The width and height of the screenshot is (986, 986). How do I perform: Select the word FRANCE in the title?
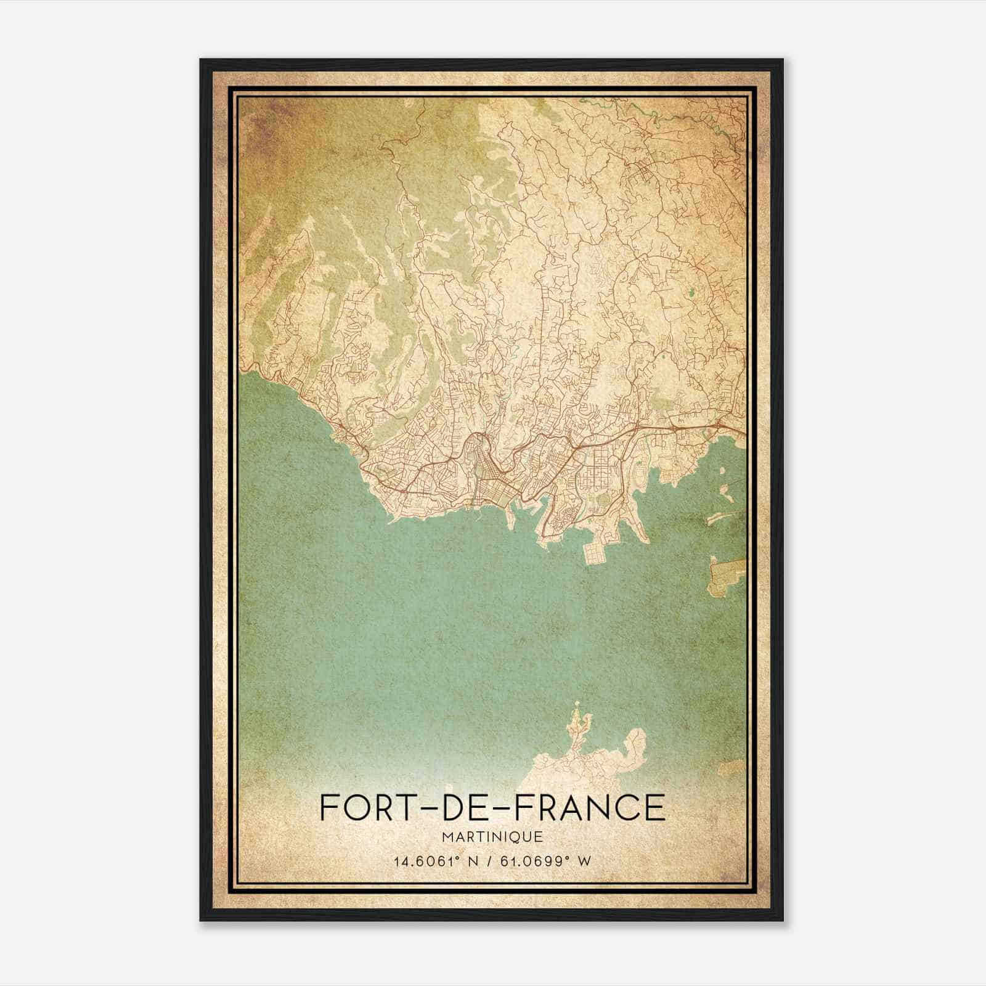595,807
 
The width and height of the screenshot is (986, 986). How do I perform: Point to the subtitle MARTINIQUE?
492,837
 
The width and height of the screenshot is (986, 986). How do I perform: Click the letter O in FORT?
357,807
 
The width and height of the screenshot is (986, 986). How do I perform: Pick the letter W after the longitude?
586,861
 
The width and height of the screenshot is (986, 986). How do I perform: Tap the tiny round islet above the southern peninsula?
577,704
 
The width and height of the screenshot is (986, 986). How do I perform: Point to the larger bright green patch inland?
691,293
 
